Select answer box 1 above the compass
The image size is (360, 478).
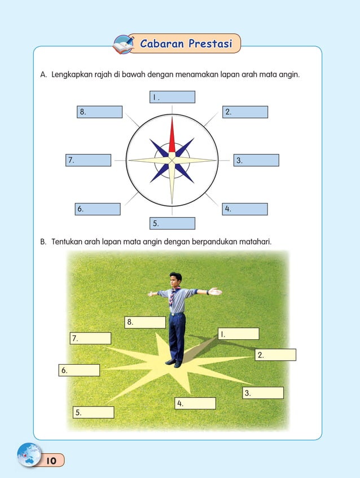coord(172,97)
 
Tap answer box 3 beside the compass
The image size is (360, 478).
coord(256,160)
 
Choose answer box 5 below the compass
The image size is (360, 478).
coord(172,223)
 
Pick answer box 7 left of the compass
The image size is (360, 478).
coord(88,160)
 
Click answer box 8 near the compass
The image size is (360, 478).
coord(99,112)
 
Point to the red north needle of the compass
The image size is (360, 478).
coord(172,138)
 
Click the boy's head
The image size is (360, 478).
coord(176,280)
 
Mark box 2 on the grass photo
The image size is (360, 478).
coord(275,355)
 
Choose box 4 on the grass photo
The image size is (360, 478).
coord(195,403)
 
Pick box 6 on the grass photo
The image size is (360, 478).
coord(79,370)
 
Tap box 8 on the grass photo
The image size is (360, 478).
coord(145,322)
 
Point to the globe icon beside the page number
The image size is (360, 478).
coord(29,454)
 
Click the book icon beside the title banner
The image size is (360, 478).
coord(122,44)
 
